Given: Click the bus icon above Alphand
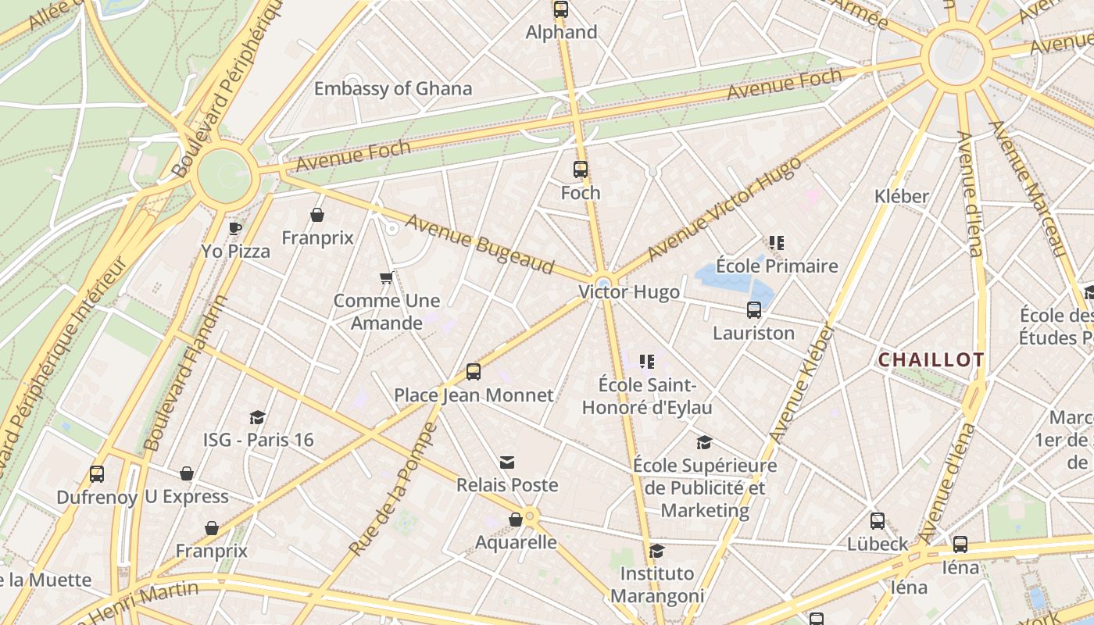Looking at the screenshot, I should click(x=560, y=9).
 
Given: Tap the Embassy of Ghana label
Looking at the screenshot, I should click(x=393, y=88).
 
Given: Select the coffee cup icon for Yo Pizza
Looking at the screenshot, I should click(x=234, y=228).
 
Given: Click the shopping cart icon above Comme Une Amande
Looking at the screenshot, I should click(x=386, y=277).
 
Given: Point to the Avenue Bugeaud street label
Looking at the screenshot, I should click(x=479, y=244).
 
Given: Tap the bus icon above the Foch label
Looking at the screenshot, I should click(x=580, y=169).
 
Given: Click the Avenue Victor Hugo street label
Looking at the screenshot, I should click(x=724, y=208).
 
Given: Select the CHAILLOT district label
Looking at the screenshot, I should click(x=931, y=360).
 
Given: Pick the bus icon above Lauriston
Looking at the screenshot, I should click(x=753, y=310).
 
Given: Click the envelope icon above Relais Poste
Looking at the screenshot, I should click(x=507, y=462).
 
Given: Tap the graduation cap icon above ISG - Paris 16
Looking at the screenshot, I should click(x=258, y=417).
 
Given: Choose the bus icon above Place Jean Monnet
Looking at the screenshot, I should click(x=473, y=372).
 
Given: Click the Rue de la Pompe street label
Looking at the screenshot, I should click(x=394, y=489).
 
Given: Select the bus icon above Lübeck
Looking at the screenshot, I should click(x=878, y=521).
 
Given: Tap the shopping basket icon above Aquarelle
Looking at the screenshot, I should click(x=516, y=520).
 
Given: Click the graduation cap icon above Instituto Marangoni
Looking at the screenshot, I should click(x=656, y=551).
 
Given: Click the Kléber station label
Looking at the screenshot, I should click(x=902, y=196).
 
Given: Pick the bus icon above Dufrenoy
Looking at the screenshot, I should click(x=97, y=474).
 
